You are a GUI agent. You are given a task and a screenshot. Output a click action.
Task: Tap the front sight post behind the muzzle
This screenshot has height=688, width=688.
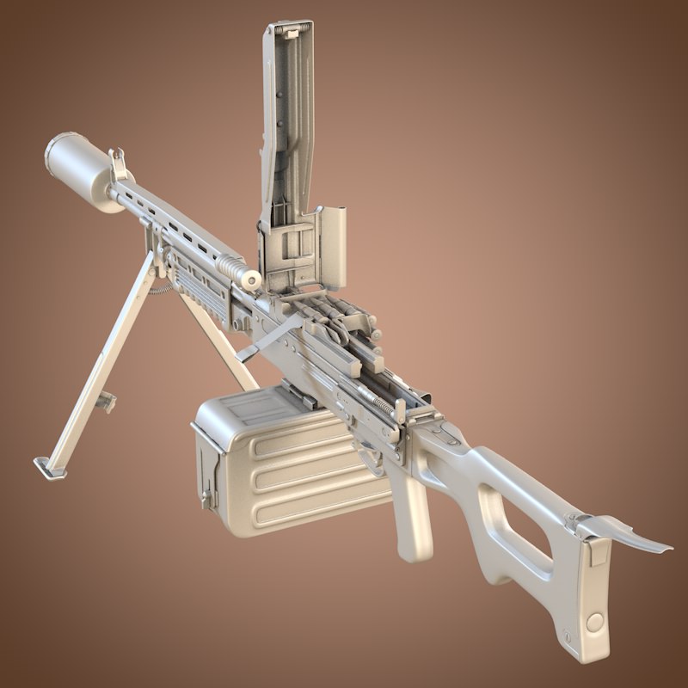point(119,163)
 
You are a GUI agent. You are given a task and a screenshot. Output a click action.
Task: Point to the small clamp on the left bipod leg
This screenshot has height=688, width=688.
point(107,401)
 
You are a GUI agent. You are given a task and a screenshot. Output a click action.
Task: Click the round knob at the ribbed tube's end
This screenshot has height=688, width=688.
point(251,279)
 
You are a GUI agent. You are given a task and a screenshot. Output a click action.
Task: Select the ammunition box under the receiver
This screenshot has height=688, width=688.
point(284,464)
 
